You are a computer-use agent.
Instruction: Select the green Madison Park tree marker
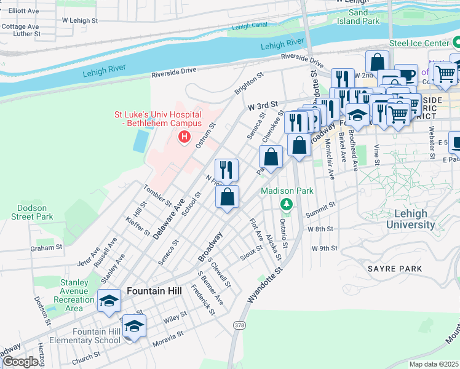(286, 204)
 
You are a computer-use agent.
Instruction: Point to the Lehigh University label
(410, 219)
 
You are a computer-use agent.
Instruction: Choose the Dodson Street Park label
(32, 212)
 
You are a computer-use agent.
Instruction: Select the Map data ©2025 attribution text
(434, 364)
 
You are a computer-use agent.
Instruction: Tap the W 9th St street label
(325, 248)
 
